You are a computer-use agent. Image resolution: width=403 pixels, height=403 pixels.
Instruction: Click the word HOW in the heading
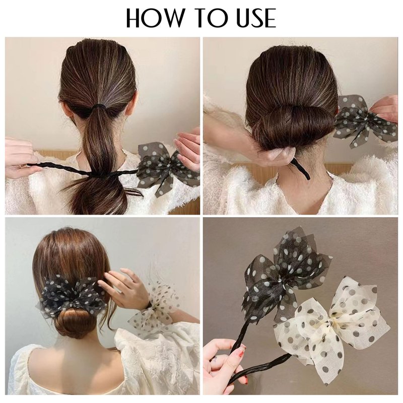(x=155, y=18)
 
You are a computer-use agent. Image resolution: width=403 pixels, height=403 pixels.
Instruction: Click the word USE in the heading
(x=256, y=18)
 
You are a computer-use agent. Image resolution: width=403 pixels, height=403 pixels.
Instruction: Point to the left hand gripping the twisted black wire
(x=19, y=158)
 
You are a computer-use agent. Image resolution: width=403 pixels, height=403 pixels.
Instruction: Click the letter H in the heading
(x=134, y=18)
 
